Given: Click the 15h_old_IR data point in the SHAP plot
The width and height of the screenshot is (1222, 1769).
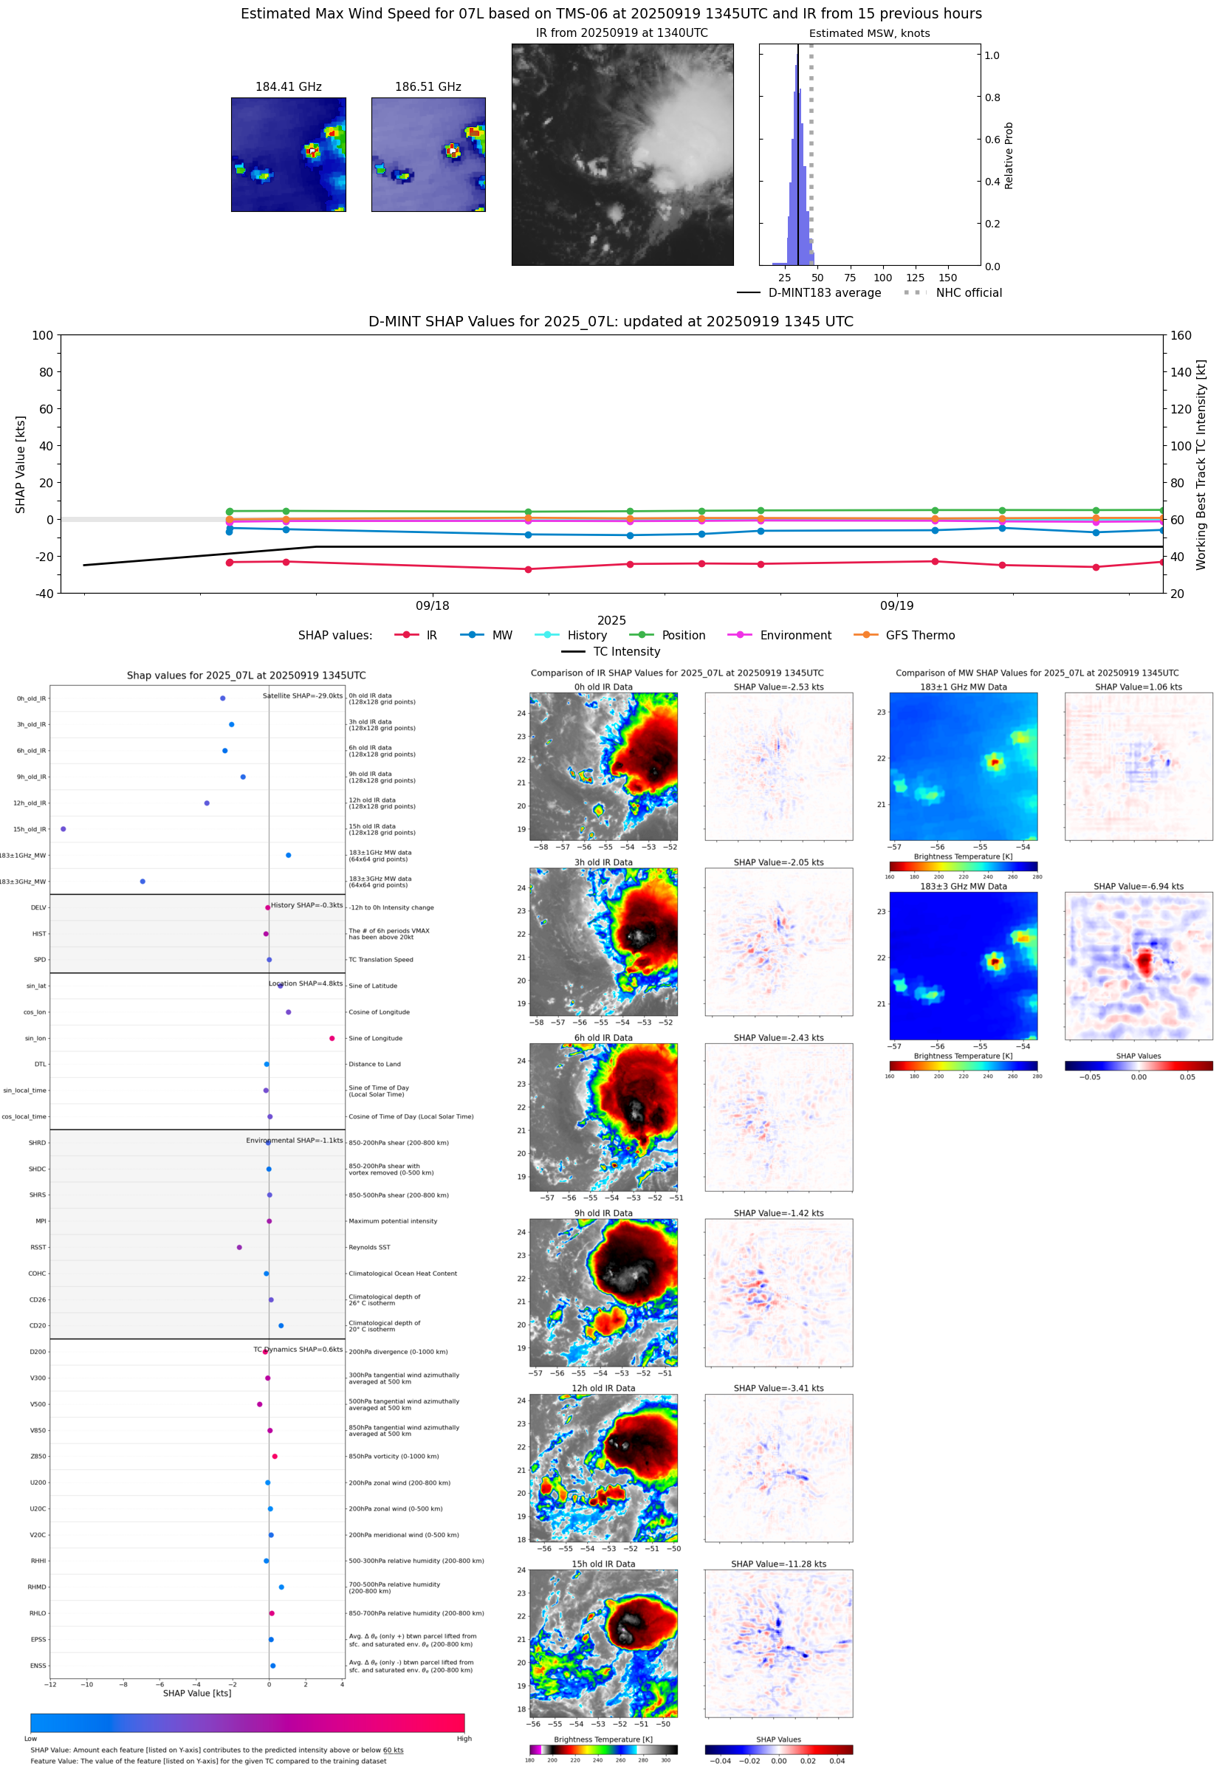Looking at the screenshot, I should [x=63, y=829].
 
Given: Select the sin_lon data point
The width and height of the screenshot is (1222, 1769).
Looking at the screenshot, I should [x=332, y=1038].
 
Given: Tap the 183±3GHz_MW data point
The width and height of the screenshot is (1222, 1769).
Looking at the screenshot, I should [x=143, y=881].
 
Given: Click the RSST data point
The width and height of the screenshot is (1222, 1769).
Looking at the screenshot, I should [x=240, y=1247].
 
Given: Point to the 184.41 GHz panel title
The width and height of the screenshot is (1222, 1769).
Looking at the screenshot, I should [x=288, y=86].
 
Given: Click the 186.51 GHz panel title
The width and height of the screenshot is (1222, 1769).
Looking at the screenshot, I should [x=428, y=86].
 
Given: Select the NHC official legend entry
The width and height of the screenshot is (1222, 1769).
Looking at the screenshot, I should [x=968, y=292].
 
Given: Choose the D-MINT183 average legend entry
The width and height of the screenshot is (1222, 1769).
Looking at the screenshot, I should [x=824, y=292].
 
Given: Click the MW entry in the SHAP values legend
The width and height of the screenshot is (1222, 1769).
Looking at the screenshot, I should [x=501, y=636].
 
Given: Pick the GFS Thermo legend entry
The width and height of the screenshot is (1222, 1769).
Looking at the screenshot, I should [x=919, y=636].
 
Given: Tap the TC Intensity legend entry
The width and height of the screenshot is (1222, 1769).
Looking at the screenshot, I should [x=625, y=651].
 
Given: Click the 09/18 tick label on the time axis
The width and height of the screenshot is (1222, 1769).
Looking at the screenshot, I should [x=433, y=605].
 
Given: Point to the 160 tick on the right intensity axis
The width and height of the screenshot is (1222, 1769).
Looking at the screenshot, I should [x=1181, y=335].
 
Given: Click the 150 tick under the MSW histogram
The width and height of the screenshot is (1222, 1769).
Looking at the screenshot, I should [x=948, y=278].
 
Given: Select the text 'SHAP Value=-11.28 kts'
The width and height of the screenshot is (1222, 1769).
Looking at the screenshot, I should [x=778, y=1564].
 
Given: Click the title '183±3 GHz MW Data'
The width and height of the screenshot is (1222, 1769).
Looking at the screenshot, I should [x=964, y=887].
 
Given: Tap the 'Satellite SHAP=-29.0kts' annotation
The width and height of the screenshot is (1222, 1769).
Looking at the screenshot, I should [x=303, y=695].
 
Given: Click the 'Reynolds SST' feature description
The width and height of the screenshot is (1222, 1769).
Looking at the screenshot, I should [x=369, y=1247].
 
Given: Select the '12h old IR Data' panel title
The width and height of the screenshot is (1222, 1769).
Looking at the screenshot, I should [x=603, y=1388].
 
